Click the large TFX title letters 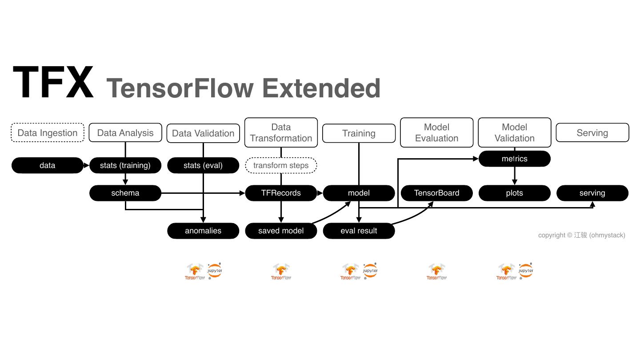coord(53,83)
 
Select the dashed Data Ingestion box coord(48,133)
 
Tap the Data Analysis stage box coord(125,133)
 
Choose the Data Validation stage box coord(203,133)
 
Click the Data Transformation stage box coord(281,132)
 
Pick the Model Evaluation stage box coord(436,132)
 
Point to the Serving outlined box coord(592,133)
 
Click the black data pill coord(48,165)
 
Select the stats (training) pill coord(125,165)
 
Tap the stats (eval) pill coord(203,165)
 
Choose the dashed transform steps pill coord(281,165)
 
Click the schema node coord(125,193)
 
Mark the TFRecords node coord(281,193)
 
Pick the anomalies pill coord(203,231)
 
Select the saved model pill coord(281,231)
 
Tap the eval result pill coord(359,231)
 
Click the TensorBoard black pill coord(436,193)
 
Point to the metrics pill coord(514,159)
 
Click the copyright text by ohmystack coord(581,235)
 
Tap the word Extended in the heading coord(321,88)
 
